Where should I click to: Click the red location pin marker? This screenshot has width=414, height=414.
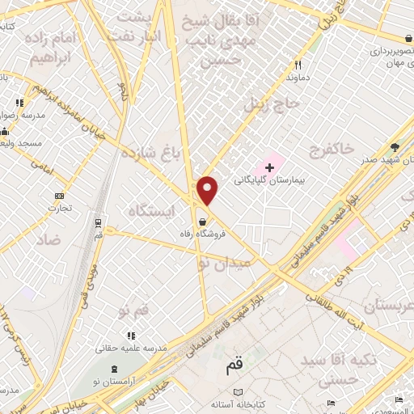coord(209,191)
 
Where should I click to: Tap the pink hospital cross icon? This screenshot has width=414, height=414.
coord(270,167)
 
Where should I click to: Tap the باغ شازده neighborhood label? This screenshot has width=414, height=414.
coord(153,153)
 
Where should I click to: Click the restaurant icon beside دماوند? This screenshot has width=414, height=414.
coord(298,65)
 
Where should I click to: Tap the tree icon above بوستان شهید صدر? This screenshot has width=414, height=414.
coord(395,146)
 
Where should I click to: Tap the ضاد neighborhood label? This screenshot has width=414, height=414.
coord(48,240)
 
